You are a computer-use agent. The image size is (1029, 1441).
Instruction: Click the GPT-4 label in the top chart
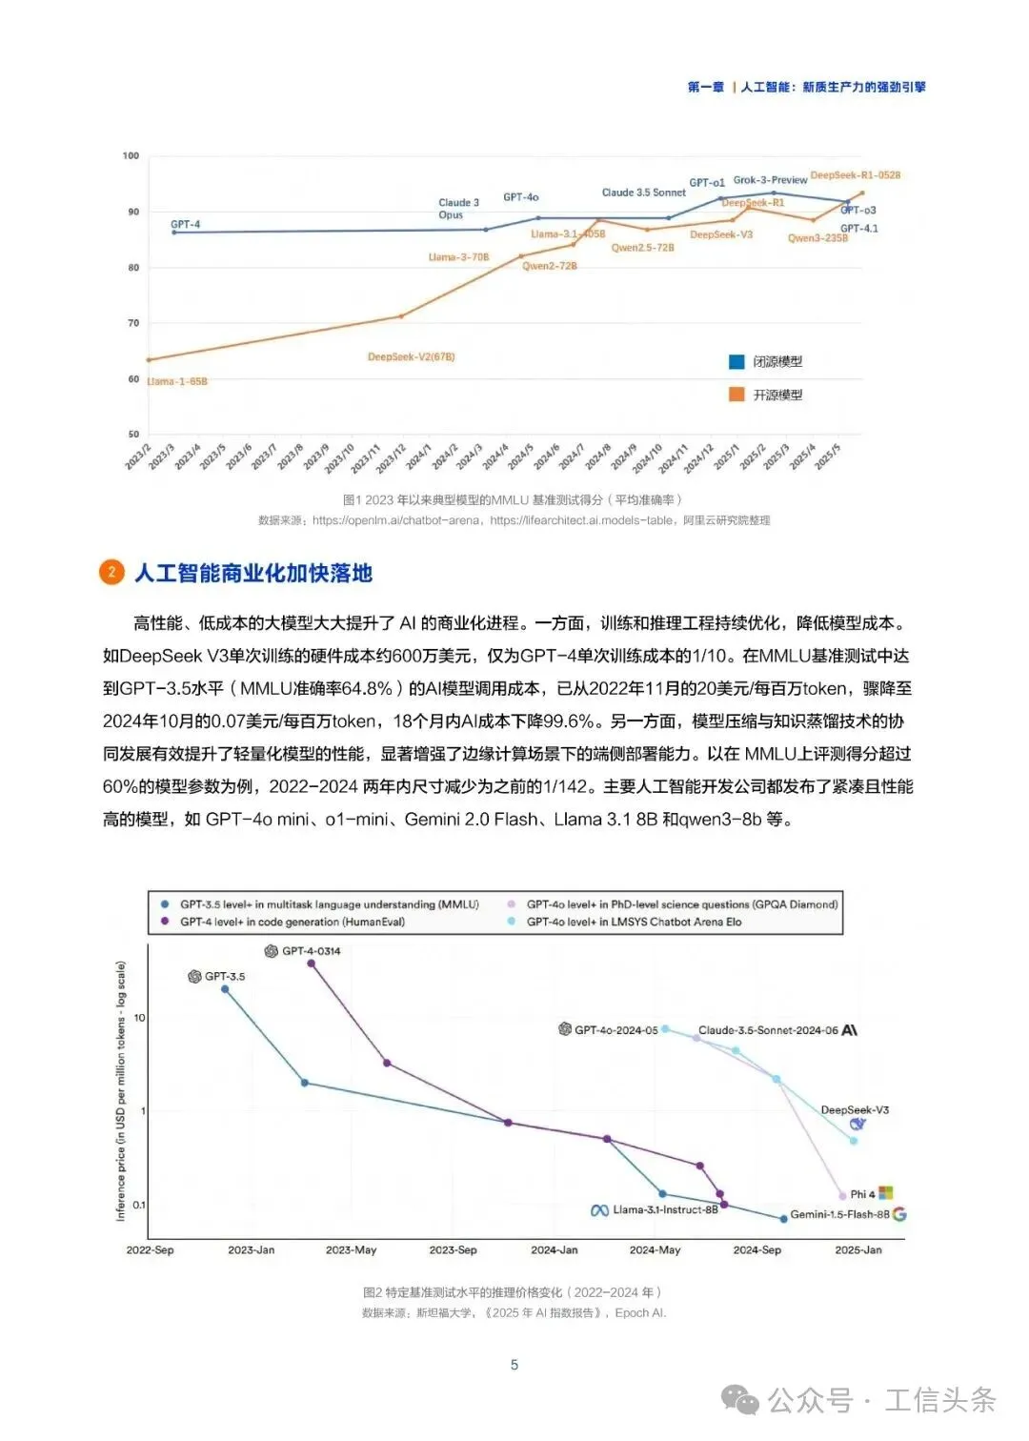tap(185, 225)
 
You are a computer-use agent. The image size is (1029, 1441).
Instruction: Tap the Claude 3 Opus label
tap(458, 209)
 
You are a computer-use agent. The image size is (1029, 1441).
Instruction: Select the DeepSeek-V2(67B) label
tap(411, 357)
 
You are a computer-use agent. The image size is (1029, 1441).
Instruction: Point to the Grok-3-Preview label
tap(770, 180)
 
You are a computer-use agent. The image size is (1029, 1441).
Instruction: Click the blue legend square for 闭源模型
tap(736, 362)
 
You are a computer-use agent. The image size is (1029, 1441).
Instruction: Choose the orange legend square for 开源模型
tap(736, 395)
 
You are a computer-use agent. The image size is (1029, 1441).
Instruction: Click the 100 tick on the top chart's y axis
tap(131, 155)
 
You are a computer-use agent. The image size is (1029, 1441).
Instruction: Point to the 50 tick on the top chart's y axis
tap(133, 435)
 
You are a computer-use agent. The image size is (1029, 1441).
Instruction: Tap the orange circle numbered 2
tap(111, 572)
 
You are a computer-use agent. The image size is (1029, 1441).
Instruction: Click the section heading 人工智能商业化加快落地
tap(253, 573)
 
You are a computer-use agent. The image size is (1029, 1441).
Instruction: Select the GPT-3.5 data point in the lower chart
tap(225, 989)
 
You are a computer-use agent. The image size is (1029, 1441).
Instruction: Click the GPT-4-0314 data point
tap(311, 964)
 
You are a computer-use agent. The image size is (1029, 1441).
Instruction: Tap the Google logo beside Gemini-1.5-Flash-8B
tap(899, 1214)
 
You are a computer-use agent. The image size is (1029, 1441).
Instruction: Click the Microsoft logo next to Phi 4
tap(886, 1193)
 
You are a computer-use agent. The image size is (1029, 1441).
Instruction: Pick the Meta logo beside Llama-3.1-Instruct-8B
tap(599, 1210)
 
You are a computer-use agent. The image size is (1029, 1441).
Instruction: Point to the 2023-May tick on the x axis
tap(351, 1249)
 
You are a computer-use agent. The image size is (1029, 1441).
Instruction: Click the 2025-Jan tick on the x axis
tap(858, 1249)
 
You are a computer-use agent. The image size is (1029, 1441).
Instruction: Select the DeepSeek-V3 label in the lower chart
tap(855, 1110)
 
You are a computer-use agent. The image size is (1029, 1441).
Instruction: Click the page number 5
tap(514, 1365)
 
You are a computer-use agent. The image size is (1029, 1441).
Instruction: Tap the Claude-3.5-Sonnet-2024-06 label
tap(768, 1030)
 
